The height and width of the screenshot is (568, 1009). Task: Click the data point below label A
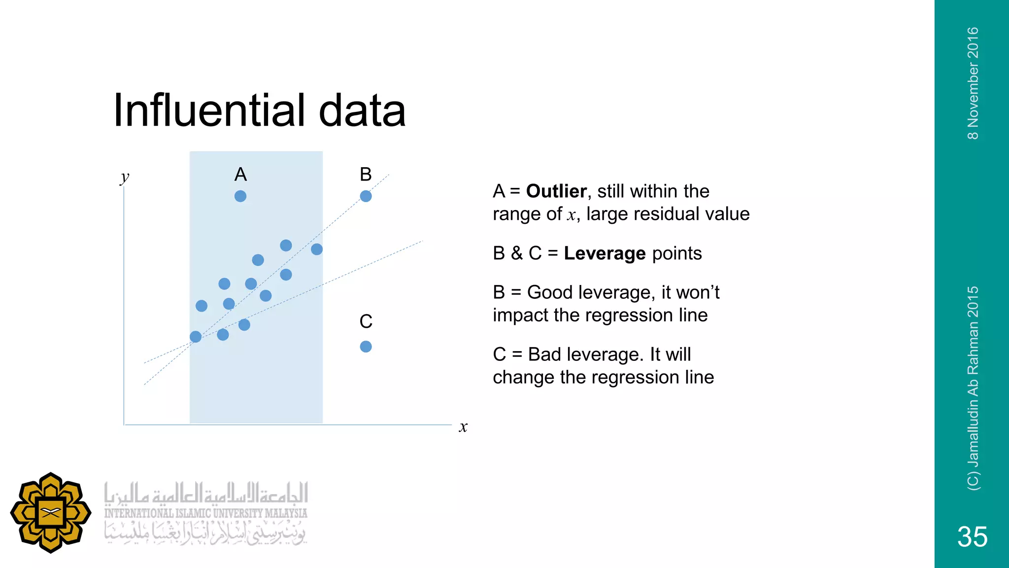point(240,196)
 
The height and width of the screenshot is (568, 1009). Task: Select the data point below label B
point(366,196)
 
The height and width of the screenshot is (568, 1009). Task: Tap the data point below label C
point(366,347)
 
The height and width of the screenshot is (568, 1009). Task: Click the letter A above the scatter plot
point(240,175)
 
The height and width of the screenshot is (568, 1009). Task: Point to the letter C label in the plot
point(366,321)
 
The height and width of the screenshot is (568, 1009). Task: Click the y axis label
point(125,177)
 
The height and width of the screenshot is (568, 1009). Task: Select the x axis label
point(463,426)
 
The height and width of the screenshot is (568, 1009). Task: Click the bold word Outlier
point(556,191)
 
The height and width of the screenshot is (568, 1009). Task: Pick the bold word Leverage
point(605,253)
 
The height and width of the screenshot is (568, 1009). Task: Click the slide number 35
point(972,536)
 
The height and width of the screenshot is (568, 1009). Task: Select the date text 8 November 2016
point(973,83)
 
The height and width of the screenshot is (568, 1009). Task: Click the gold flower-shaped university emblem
point(51,513)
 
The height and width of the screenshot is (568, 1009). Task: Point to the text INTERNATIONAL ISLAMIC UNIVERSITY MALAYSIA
point(205,513)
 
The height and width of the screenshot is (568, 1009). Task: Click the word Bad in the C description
point(544,354)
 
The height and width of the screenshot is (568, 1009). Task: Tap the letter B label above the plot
point(366,175)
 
